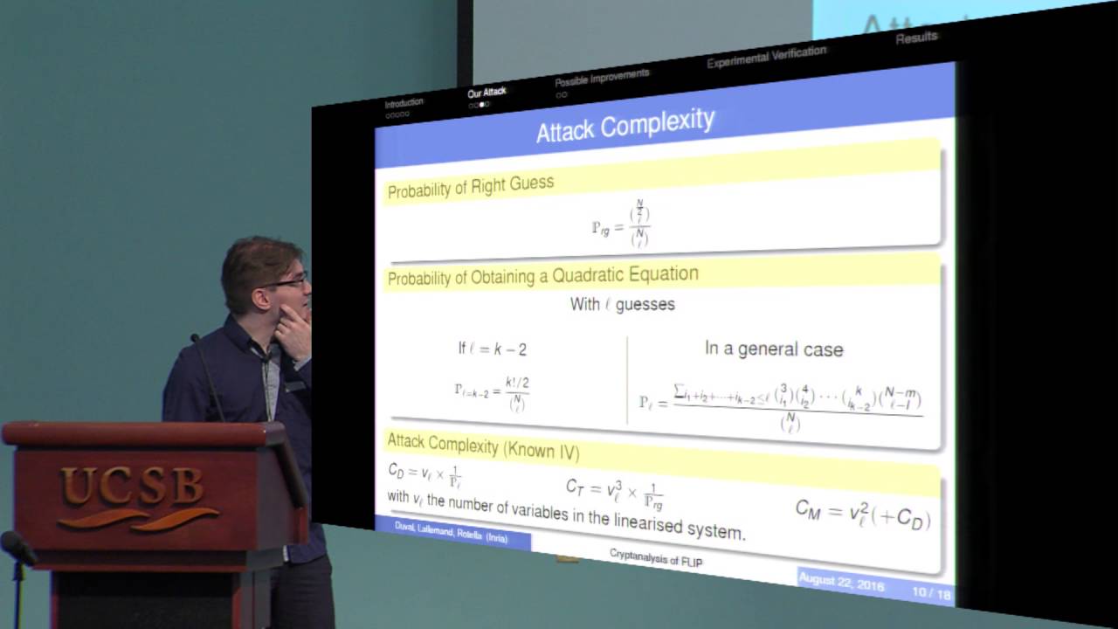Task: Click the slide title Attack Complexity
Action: coord(625,126)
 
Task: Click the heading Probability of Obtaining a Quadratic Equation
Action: coord(542,276)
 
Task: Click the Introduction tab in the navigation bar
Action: coord(404,103)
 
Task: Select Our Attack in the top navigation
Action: coord(487,93)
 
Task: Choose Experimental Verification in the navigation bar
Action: coord(766,57)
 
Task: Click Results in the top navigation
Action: coord(916,37)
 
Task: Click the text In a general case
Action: coord(774,349)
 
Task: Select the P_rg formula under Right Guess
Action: coord(620,225)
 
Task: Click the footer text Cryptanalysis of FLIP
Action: coord(655,558)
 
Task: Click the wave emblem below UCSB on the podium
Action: coord(139,518)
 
